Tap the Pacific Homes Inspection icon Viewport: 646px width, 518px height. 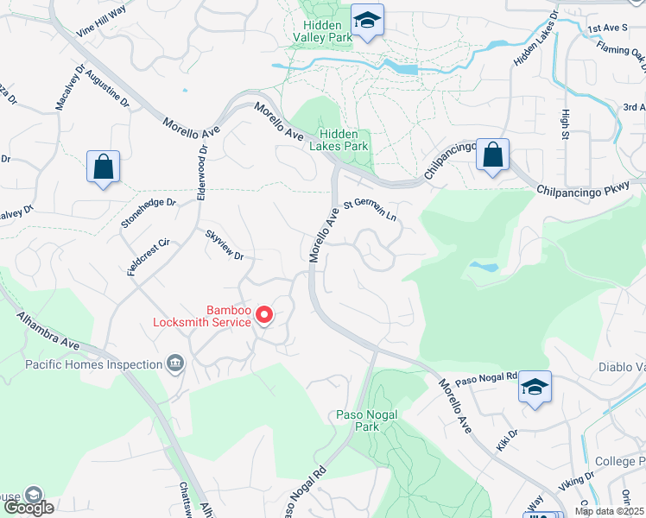[176, 364]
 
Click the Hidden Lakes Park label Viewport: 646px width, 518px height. [344, 140]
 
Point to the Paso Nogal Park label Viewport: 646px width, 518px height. [367, 420]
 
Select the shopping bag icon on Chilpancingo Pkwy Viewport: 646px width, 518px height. [492, 155]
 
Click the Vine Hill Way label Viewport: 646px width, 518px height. [101, 21]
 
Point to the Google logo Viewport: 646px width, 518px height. [28, 508]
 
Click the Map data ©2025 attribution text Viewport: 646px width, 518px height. [610, 511]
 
